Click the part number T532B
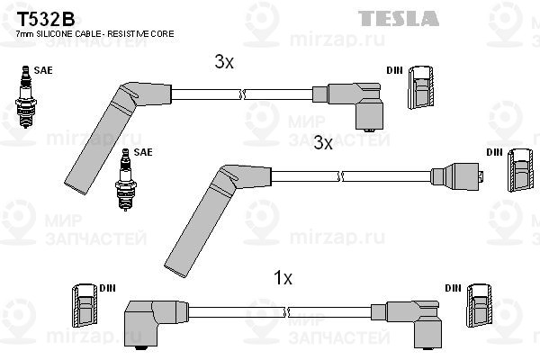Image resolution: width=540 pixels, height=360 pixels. point(46,19)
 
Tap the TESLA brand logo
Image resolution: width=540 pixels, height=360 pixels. point(399,18)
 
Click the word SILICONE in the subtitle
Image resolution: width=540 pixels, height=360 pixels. point(53,34)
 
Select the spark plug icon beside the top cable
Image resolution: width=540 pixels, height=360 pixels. point(25,97)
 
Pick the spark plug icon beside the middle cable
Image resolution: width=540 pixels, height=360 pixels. point(126,179)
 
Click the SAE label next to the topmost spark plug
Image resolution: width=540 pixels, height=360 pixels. point(43,70)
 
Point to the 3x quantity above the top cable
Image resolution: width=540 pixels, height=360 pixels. point(224,62)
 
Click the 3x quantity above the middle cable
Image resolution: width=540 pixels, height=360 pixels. point(323,142)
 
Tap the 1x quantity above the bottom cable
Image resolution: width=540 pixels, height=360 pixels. point(283,278)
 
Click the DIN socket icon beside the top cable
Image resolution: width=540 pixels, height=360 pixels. point(420,87)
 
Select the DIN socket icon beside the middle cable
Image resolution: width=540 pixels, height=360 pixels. point(520,170)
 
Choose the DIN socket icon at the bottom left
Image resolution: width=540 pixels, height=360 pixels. point(85,306)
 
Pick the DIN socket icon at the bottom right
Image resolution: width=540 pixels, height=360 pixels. point(479,306)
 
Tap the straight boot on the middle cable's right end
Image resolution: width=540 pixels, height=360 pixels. point(457,176)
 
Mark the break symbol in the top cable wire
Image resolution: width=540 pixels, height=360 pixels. point(242,94)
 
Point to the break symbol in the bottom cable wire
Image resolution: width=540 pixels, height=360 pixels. point(285,312)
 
